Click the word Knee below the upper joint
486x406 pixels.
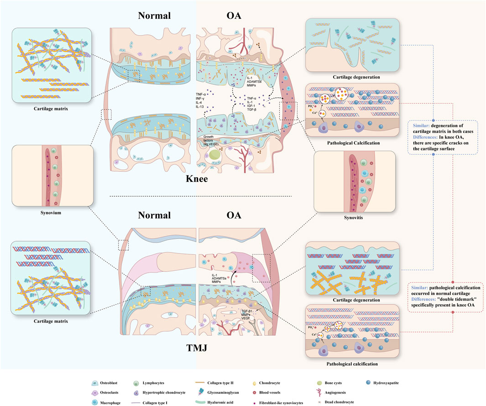pyautogui.click(x=197, y=179)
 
